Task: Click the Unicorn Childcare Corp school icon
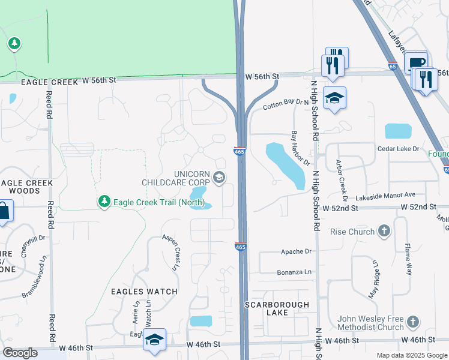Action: point(219,176)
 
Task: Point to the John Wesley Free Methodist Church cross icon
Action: point(412,322)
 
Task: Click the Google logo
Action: point(20,353)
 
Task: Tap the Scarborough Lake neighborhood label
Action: point(277,308)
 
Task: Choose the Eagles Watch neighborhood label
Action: point(144,292)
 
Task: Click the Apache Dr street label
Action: point(297,253)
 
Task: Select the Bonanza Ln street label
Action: point(294,272)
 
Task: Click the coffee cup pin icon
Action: point(416,62)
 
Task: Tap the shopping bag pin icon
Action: point(3,211)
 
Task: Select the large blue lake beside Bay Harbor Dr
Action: point(284,165)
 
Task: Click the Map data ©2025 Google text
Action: point(411,355)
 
